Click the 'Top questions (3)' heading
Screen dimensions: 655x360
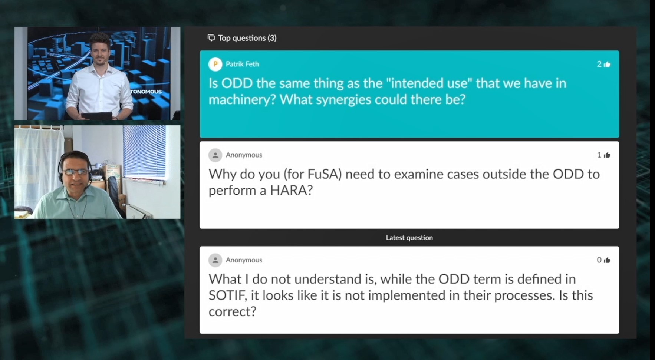click(247, 38)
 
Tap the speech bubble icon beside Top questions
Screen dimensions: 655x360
click(211, 38)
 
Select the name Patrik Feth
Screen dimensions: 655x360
click(242, 64)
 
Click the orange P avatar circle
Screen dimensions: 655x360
click(215, 64)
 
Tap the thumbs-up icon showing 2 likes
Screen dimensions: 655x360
click(607, 64)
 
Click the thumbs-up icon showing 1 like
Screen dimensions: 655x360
click(607, 155)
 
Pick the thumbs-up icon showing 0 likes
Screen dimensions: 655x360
click(607, 260)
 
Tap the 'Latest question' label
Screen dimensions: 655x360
click(409, 238)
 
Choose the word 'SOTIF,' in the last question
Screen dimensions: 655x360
click(228, 295)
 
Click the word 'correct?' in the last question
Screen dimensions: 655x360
click(232, 312)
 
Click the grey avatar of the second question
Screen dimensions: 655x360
click(215, 155)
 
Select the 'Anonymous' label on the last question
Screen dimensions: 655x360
click(244, 260)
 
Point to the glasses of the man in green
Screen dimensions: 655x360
click(76, 172)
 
